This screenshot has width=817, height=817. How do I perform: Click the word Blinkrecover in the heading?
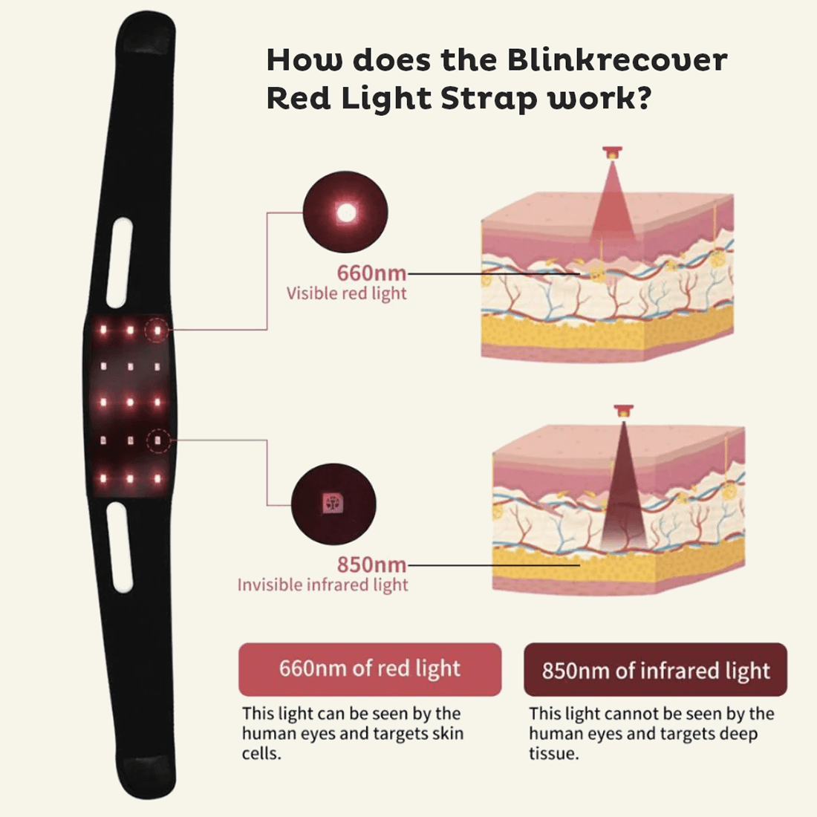point(617,60)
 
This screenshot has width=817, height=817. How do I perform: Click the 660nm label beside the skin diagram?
point(371,273)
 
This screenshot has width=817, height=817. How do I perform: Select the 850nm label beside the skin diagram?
point(371,564)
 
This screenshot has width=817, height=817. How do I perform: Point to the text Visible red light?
point(347,293)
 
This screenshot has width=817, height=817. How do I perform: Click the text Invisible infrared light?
point(322,585)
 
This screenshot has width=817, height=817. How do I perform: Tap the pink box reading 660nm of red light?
point(370,668)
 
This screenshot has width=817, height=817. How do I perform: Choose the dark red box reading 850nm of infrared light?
point(655,671)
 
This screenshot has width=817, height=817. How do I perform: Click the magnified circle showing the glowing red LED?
point(345,213)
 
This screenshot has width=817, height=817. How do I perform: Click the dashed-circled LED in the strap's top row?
point(157,329)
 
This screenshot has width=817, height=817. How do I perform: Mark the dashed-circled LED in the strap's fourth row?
point(157,441)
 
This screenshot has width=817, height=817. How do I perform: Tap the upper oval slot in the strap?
point(120,262)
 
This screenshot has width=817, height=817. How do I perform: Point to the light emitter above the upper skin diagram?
point(613,152)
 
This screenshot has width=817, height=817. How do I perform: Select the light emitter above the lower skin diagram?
point(623,410)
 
